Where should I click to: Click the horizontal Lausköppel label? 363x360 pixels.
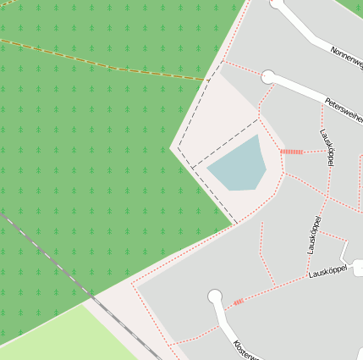pos(328,272)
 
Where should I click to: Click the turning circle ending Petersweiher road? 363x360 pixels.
pos(268,77)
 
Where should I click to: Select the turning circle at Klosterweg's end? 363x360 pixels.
pos(215,296)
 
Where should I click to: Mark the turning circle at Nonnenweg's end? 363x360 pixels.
pos(277,3)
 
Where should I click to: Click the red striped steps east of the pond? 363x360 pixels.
pos(291,152)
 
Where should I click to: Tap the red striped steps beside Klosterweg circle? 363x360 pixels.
pos(238,302)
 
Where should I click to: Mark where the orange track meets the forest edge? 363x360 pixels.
pos(207,80)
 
